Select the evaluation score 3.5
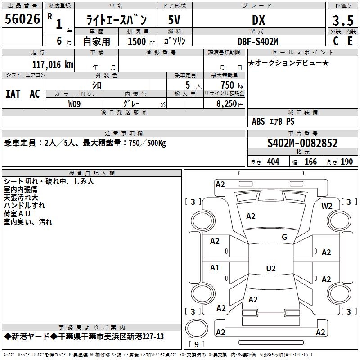343,20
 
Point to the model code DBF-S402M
258,41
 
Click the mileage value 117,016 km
53,64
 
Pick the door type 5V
175,20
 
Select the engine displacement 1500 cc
139,41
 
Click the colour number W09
75,104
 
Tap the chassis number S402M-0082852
302,144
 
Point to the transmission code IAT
13,94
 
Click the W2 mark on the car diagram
327,206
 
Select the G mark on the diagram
284,237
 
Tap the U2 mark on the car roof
270,269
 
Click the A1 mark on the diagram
215,268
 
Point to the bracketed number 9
197,345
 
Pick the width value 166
310,162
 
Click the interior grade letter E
350,41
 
